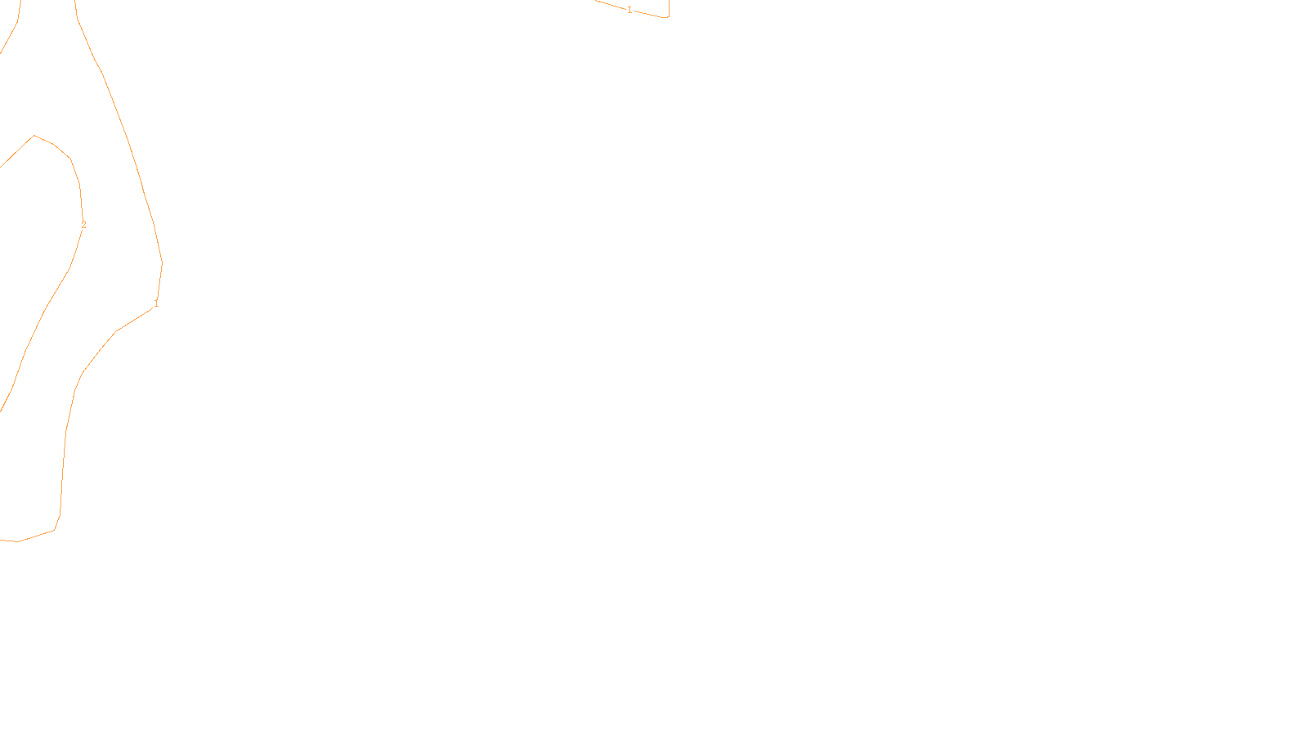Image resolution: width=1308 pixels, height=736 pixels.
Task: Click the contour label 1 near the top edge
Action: [629, 10]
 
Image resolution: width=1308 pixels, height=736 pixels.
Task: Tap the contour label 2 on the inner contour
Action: [83, 225]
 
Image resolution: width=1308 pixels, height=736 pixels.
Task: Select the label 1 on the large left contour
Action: [156, 303]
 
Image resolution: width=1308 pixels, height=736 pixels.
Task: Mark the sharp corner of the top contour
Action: [668, 17]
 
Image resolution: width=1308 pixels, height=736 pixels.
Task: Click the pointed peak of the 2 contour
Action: [34, 136]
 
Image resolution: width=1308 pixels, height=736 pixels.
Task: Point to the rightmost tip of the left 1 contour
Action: [162, 263]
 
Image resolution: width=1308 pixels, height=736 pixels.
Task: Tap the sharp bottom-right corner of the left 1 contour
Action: [55, 530]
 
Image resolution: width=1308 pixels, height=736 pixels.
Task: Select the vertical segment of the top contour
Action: [669, 7]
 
